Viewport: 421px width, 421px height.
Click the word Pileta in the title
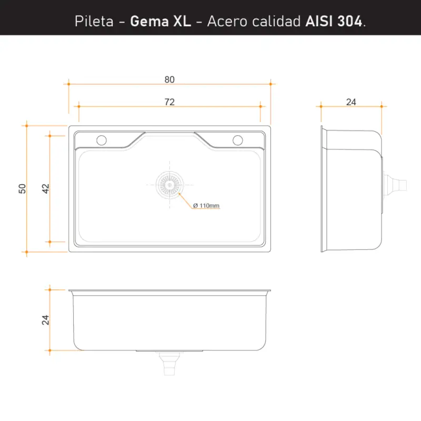[x=94, y=21]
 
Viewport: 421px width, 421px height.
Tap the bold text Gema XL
[x=161, y=21]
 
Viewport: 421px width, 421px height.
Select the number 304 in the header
[x=349, y=21]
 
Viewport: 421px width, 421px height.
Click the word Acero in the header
[x=227, y=21]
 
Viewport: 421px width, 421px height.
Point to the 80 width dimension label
[x=169, y=79]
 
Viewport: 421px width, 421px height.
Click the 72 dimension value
[x=169, y=102]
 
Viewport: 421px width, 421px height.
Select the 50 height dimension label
[x=22, y=189]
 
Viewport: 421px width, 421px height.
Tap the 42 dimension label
[x=46, y=189]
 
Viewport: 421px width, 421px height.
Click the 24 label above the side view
[x=351, y=102]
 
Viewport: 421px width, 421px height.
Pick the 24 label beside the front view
[x=45, y=320]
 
